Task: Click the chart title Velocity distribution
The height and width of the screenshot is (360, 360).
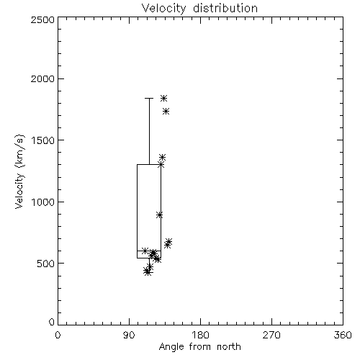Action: [x=199, y=9]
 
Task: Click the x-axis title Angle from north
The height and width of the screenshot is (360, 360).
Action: [x=199, y=346]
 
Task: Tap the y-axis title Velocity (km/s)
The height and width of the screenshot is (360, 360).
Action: [x=19, y=171]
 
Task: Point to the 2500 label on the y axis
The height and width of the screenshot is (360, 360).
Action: [x=42, y=19]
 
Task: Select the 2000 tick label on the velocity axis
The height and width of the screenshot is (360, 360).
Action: [x=42, y=78]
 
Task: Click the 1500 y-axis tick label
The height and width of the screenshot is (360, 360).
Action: [x=43, y=140]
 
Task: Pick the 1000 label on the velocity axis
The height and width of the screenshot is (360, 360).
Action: [x=43, y=202]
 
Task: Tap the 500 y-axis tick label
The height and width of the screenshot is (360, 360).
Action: [x=45, y=264]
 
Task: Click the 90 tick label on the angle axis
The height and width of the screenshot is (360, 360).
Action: [x=129, y=335]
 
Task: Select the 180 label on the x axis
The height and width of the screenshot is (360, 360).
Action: [x=200, y=335]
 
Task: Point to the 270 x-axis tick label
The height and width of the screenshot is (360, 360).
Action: [x=271, y=335]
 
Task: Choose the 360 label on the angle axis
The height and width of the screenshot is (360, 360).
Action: [x=343, y=335]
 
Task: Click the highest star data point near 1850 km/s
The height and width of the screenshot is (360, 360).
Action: [x=163, y=98]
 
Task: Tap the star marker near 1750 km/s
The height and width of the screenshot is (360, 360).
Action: [x=166, y=112]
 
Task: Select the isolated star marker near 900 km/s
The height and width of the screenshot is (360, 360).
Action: [x=160, y=215]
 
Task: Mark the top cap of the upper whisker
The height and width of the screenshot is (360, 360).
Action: [x=149, y=98]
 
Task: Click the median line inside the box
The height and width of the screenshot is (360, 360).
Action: [x=149, y=251]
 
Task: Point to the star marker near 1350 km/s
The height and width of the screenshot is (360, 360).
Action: [x=163, y=158]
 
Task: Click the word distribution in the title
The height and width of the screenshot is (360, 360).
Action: [x=225, y=9]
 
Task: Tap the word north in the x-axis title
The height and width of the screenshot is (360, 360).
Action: [x=229, y=346]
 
